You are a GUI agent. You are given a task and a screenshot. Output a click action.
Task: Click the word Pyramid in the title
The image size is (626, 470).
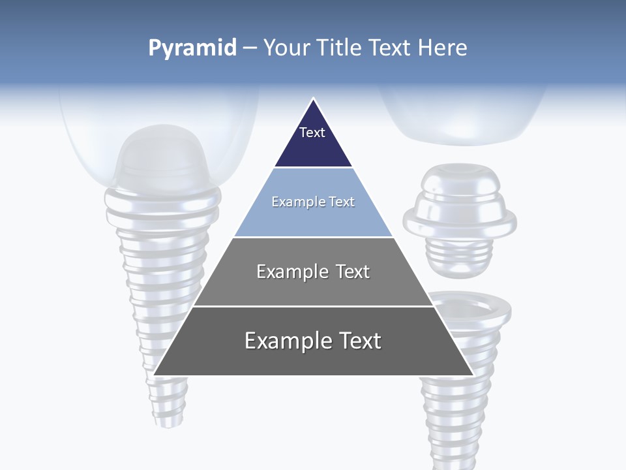tap(192, 48)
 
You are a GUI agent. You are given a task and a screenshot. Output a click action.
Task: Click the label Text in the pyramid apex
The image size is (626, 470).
tap(312, 133)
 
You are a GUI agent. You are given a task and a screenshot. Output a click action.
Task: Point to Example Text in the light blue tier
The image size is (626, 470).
tap(313, 202)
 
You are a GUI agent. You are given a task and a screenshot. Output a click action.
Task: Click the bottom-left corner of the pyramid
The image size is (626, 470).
tap(155, 374)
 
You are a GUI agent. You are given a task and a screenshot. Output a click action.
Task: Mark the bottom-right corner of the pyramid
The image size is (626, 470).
tap(472, 374)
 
